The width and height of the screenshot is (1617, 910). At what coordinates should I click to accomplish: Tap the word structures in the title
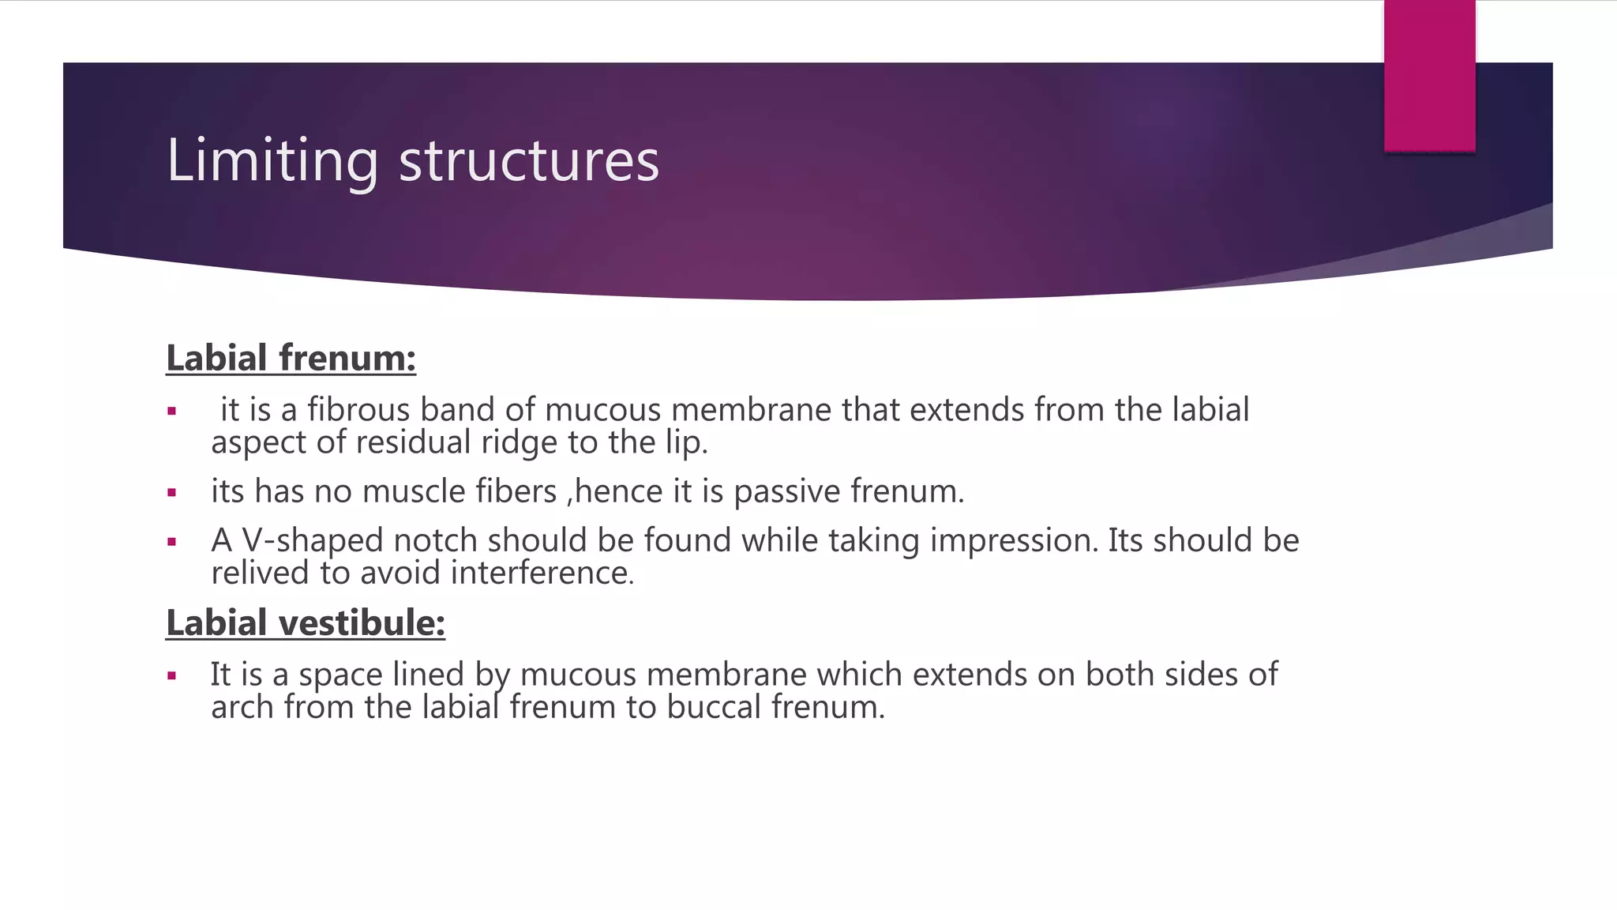pyautogui.click(x=528, y=161)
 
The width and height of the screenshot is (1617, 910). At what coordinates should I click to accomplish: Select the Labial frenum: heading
pyautogui.click(x=291, y=358)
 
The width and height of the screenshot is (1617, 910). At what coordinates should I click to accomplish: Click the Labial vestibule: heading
pyautogui.click(x=306, y=622)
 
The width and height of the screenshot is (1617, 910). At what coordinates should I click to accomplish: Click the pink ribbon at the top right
pyautogui.click(x=1429, y=75)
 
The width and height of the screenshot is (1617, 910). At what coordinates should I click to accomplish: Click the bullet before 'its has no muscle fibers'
pyautogui.click(x=171, y=493)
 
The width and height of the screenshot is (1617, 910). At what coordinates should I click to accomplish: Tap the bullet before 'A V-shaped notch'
pyautogui.click(x=171, y=542)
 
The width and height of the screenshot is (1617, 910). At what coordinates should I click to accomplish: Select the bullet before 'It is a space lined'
pyautogui.click(x=171, y=676)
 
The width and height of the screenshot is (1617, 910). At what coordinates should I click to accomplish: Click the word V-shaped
pyautogui.click(x=313, y=541)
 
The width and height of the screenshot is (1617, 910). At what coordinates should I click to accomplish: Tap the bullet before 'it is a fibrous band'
pyautogui.click(x=171, y=412)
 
